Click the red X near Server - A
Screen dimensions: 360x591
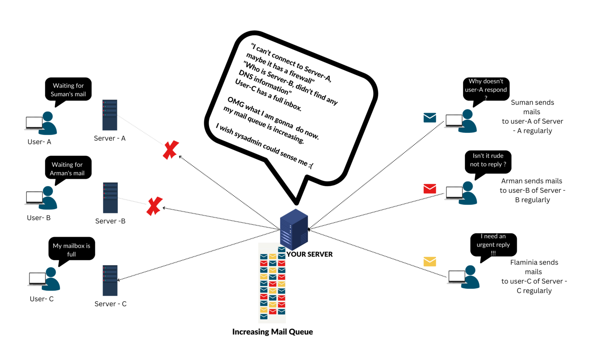click(x=171, y=150)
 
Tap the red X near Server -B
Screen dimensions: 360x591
click(x=154, y=206)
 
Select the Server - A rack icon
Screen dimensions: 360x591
click(x=110, y=115)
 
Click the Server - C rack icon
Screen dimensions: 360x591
click(x=110, y=280)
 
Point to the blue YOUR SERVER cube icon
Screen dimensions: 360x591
click(x=294, y=229)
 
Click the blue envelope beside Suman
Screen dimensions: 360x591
click(x=430, y=118)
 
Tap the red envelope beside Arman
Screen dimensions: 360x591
click(x=430, y=189)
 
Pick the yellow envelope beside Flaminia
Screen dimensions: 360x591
click(x=430, y=261)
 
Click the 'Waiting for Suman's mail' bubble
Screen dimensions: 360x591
click(x=68, y=90)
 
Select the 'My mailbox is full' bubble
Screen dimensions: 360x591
click(x=72, y=250)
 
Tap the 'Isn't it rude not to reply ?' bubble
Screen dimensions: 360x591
click(x=488, y=160)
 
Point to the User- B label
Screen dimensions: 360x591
click(x=39, y=218)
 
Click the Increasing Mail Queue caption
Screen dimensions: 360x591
click(x=272, y=332)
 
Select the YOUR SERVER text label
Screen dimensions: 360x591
click(x=310, y=254)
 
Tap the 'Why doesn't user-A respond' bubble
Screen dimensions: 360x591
click(x=486, y=89)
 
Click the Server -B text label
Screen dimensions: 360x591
click(x=110, y=221)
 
